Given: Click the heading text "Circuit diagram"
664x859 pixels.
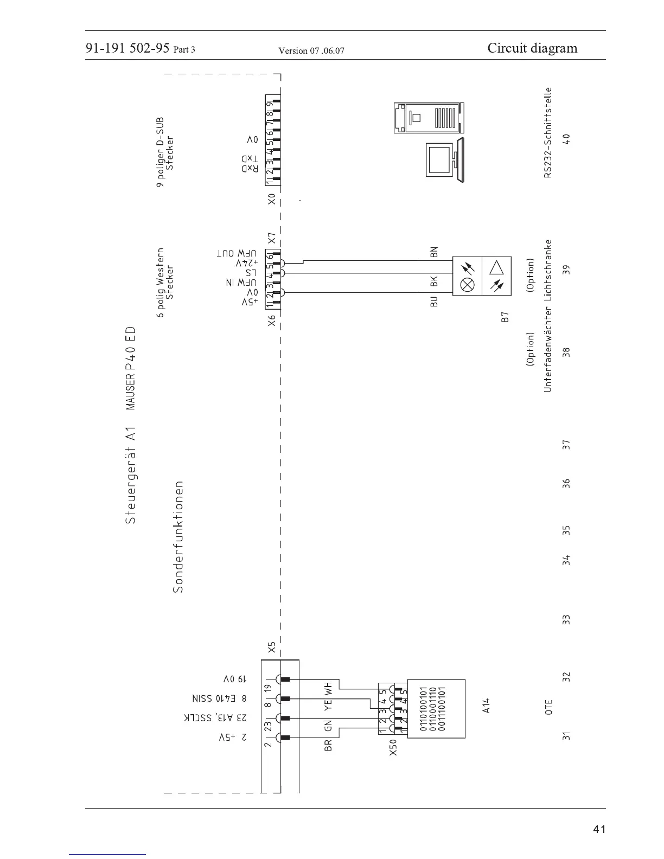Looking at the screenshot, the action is coord(532,48).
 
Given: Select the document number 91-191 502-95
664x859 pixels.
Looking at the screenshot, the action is coord(127,49).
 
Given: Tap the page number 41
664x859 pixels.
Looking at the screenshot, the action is coord(599,829).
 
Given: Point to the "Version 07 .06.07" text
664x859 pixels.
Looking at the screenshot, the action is coord(311,52).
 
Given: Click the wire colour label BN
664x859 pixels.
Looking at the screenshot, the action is coord(433,252).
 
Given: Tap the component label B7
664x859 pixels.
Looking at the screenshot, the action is coord(505,317).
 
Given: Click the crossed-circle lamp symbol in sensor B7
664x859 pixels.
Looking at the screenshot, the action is coord(467,284).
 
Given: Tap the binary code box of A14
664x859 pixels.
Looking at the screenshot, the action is coord(436,708).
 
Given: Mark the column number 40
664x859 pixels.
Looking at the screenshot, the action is coord(566,139).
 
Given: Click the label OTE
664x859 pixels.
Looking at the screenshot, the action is coord(548,707).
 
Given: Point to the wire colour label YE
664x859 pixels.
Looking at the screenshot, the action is coord(328,704).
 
